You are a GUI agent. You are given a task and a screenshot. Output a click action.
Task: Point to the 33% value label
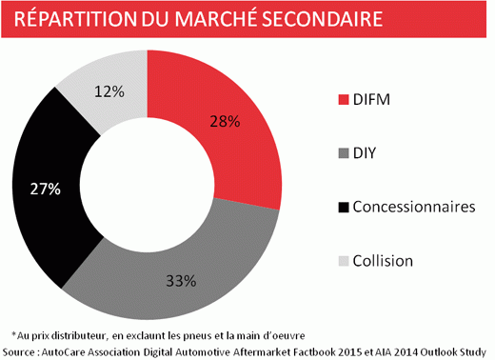click(181, 281)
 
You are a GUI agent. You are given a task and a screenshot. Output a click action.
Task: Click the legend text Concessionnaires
click(413, 207)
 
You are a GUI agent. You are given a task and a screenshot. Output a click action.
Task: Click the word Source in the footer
click(23, 350)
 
